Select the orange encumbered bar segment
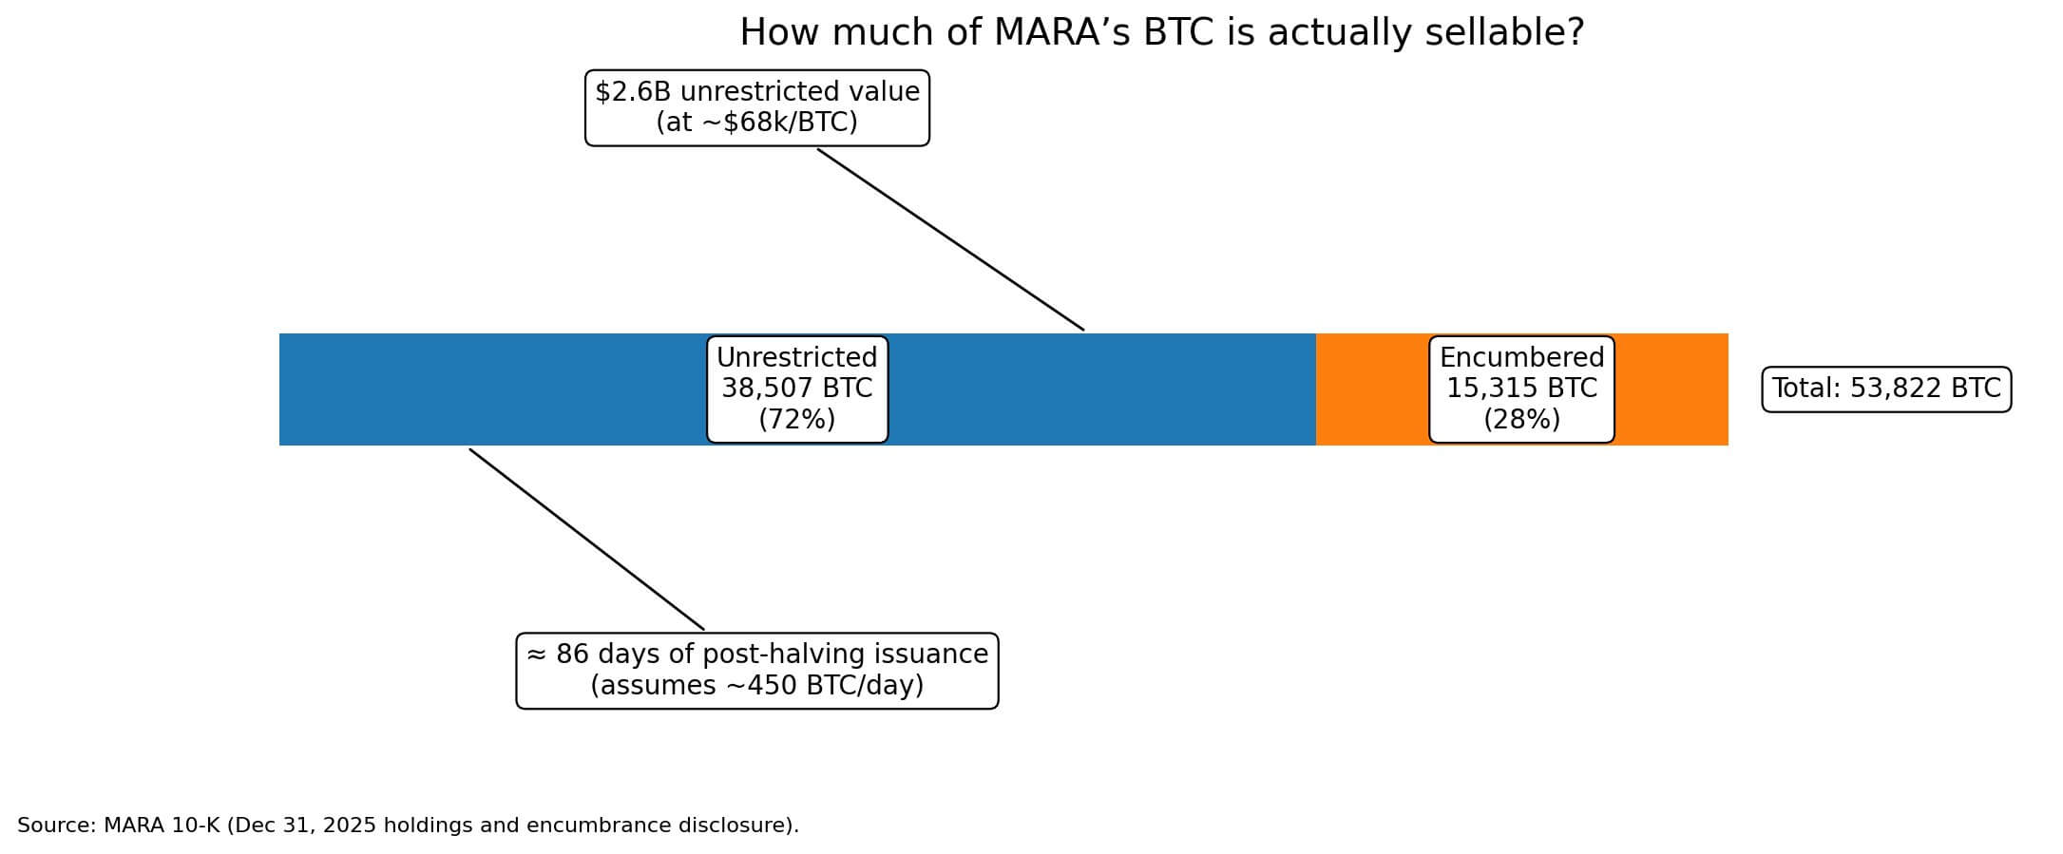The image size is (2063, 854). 1368,389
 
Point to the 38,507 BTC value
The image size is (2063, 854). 796,389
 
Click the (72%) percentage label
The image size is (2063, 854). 796,419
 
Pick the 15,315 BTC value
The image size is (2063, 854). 1521,389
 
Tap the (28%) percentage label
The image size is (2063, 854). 1521,419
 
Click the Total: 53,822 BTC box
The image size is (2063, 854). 1886,389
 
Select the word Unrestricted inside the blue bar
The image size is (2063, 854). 796,358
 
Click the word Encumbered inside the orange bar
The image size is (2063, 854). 1521,358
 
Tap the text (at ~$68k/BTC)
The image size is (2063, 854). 756,123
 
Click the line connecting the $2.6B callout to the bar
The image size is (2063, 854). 950,239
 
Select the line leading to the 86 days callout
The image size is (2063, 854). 586,539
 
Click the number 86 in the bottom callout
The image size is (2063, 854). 571,655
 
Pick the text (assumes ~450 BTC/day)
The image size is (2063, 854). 756,685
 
